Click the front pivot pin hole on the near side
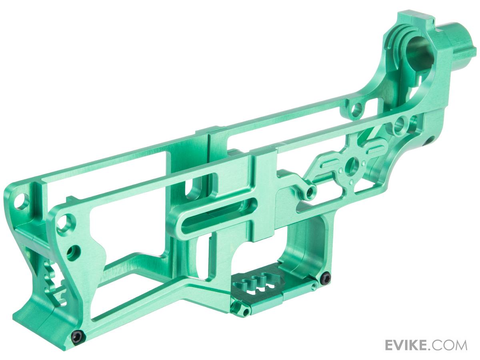tap(64, 222)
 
